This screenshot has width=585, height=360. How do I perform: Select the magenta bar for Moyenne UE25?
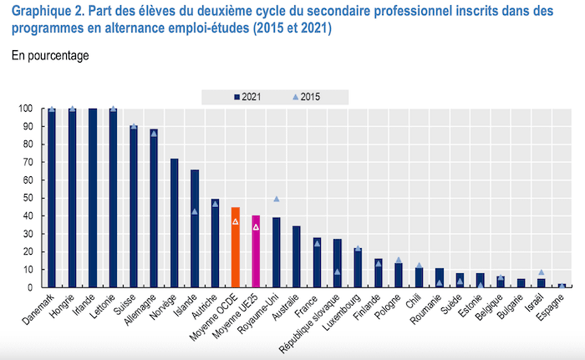[256, 251]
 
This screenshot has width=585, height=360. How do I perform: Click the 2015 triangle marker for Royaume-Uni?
[277, 199]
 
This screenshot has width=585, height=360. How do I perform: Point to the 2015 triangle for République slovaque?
[338, 271]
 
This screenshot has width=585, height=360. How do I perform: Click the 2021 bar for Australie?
[297, 256]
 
